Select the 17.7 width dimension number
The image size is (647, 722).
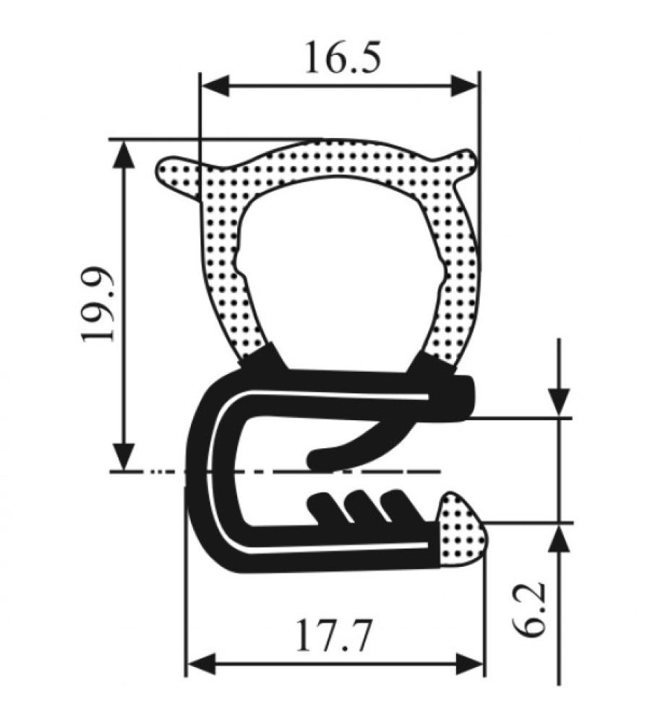(x=333, y=636)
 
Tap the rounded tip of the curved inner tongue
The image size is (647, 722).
(x=318, y=458)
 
